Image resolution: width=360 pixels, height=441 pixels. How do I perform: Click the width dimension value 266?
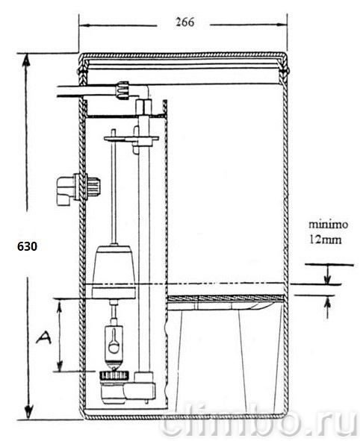[x=185, y=22]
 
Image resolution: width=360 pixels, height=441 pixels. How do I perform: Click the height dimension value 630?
[x=27, y=246]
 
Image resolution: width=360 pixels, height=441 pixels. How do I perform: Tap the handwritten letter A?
[x=43, y=338]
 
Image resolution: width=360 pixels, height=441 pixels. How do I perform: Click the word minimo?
[x=328, y=225]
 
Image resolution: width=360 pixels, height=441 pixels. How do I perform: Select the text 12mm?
[x=326, y=240]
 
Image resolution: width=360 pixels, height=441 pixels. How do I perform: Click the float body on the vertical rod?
[x=114, y=272]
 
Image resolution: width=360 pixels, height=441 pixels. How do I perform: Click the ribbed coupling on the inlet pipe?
[x=122, y=90]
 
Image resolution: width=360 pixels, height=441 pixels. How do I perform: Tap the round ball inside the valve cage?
[x=114, y=347]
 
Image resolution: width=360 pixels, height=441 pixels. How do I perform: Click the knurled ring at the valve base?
[x=114, y=375]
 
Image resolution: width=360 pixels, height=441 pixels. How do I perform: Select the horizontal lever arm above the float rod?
[x=131, y=138]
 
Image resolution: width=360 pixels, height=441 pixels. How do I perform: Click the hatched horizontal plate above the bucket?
[x=225, y=298]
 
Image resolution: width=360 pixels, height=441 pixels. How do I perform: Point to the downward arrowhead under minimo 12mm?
[x=327, y=279]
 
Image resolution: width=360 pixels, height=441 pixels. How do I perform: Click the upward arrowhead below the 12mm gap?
[x=327, y=302]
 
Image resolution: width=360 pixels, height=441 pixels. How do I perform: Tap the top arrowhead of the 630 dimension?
[x=27, y=60]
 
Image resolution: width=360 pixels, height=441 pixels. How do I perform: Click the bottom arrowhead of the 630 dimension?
[x=28, y=412]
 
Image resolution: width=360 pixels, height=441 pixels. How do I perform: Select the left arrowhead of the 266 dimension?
[x=84, y=25]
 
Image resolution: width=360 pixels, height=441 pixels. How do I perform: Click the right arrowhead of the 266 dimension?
[x=281, y=25]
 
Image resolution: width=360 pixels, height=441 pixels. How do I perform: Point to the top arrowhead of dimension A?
[x=59, y=306]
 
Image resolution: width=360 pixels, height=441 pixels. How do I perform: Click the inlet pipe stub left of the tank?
[x=70, y=91]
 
